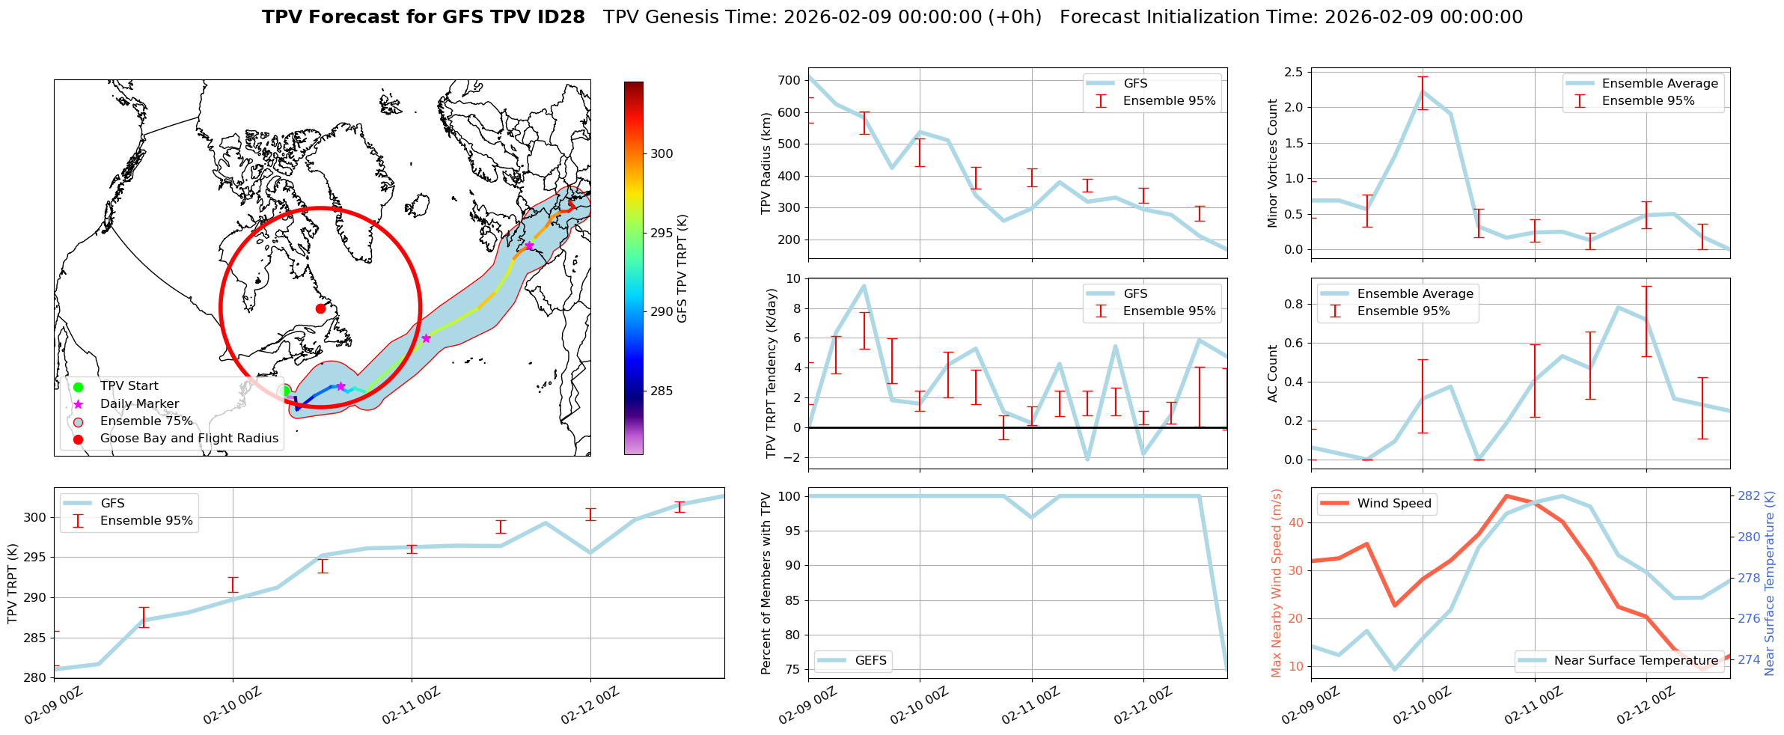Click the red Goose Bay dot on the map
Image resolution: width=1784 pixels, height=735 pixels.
320,308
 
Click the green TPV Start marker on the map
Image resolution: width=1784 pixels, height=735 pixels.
285,391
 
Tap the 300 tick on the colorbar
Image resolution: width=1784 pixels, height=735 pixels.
662,153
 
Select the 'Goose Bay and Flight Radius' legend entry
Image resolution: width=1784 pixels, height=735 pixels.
189,439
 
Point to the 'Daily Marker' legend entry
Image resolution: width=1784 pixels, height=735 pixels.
139,404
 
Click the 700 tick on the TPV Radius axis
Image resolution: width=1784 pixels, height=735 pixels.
791,80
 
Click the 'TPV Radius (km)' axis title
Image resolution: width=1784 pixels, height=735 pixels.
766,163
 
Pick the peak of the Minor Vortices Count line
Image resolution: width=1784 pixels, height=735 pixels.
1423,91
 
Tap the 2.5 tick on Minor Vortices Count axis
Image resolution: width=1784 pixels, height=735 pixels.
1293,72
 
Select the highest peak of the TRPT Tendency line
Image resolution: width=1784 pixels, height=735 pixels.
864,285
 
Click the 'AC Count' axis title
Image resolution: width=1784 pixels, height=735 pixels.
1273,373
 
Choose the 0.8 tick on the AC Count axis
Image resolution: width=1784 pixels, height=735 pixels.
1293,304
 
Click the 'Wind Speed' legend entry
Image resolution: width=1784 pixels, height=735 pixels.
1393,504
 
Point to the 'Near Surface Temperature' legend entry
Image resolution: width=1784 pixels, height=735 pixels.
1636,660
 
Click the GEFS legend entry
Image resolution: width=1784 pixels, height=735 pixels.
870,660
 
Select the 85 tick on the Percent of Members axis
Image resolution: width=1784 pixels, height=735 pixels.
791,600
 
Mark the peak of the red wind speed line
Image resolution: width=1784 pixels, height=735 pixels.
1506,495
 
